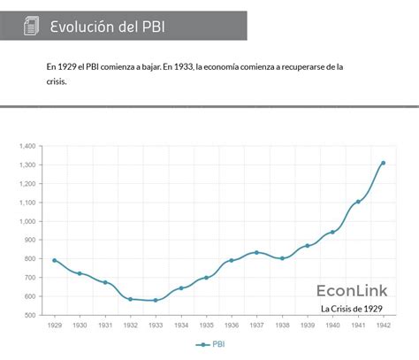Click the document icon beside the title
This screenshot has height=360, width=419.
click(x=31, y=27)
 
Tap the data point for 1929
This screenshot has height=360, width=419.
click(x=54, y=260)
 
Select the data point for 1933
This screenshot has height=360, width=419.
click(x=156, y=300)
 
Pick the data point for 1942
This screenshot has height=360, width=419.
click(x=383, y=163)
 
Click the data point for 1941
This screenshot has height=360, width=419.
click(x=358, y=202)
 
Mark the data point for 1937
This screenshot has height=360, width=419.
click(x=256, y=252)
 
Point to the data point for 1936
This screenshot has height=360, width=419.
click(x=232, y=260)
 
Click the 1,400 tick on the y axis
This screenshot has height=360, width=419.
click(x=27, y=146)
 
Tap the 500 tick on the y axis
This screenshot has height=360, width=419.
click(x=29, y=315)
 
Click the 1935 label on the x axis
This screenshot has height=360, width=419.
click(x=206, y=325)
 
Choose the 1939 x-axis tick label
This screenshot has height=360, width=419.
click(x=308, y=325)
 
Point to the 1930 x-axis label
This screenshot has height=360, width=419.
click(x=80, y=325)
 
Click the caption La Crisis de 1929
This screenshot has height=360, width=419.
click(x=352, y=309)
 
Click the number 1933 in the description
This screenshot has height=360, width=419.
click(x=182, y=66)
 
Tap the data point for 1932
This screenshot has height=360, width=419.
click(x=130, y=299)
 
